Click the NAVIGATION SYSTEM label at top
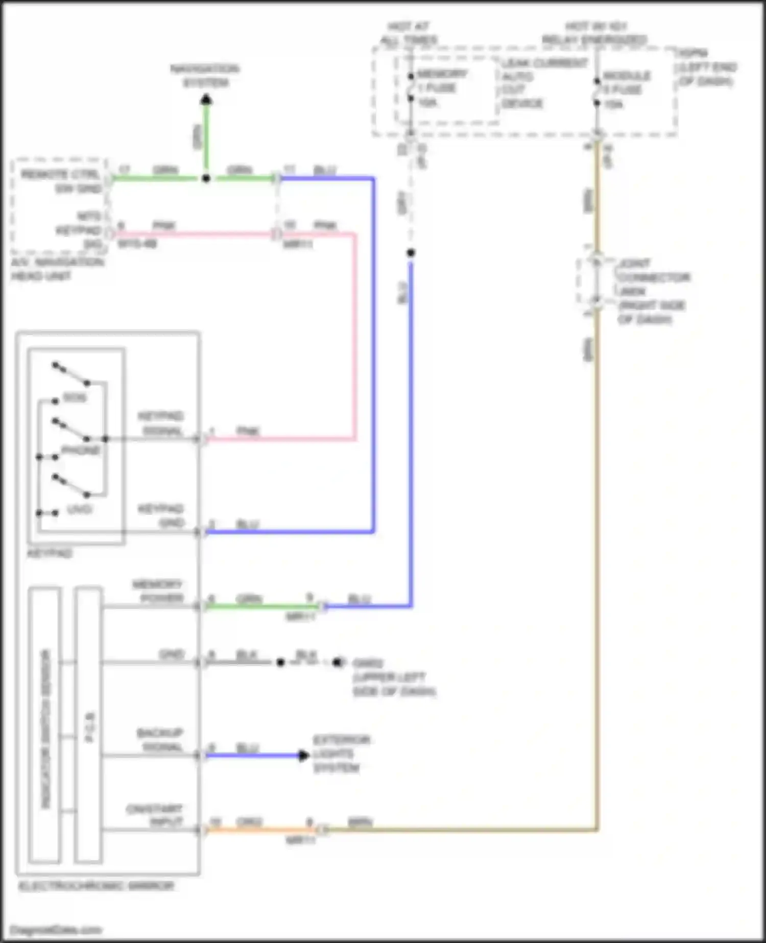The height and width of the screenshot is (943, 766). pyautogui.click(x=205, y=76)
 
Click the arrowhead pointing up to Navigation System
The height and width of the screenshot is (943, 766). pyautogui.click(x=206, y=100)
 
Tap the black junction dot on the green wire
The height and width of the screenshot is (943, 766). pyautogui.click(x=206, y=178)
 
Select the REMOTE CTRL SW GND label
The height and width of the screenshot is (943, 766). pyautogui.click(x=62, y=181)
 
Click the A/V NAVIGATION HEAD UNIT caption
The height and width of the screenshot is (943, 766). pyautogui.click(x=57, y=269)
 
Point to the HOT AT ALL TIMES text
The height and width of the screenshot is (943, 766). pyautogui.click(x=409, y=33)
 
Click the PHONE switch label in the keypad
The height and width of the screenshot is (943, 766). pyautogui.click(x=81, y=450)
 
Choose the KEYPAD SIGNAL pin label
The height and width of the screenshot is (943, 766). pyautogui.click(x=161, y=423)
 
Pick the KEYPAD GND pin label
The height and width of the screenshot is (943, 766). pyautogui.click(x=161, y=516)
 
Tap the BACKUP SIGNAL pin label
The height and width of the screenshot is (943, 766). pyautogui.click(x=160, y=740)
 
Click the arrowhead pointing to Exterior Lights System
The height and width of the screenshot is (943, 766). pyautogui.click(x=303, y=755)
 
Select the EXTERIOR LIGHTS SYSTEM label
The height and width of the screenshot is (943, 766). pyautogui.click(x=341, y=753)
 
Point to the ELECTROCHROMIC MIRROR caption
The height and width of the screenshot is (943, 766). pyautogui.click(x=97, y=885)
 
